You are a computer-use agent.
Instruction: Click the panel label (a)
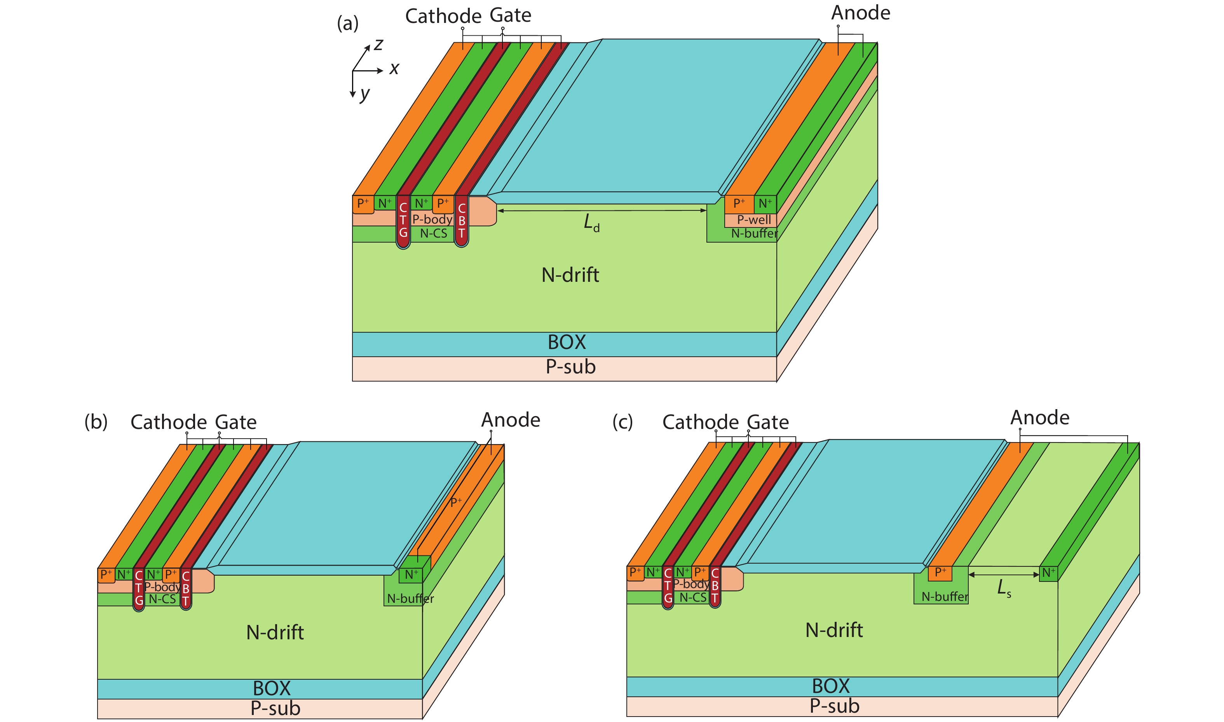tap(348, 23)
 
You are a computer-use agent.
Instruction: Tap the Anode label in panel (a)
tap(860, 13)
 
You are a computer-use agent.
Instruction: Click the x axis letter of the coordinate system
tap(394, 69)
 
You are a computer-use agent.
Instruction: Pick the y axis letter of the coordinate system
tap(364, 94)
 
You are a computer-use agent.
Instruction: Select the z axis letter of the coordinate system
tap(378, 45)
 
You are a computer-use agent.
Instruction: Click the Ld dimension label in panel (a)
tap(591, 223)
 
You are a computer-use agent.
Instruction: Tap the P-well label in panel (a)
tap(754, 220)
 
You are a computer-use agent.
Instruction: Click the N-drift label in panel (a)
tap(570, 275)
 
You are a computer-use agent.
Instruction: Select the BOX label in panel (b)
tap(272, 688)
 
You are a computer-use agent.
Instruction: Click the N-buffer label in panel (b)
tap(410, 599)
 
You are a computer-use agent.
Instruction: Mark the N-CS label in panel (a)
tap(433, 234)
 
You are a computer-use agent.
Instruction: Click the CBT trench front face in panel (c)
tap(714, 586)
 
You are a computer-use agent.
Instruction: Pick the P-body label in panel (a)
tap(432, 219)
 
